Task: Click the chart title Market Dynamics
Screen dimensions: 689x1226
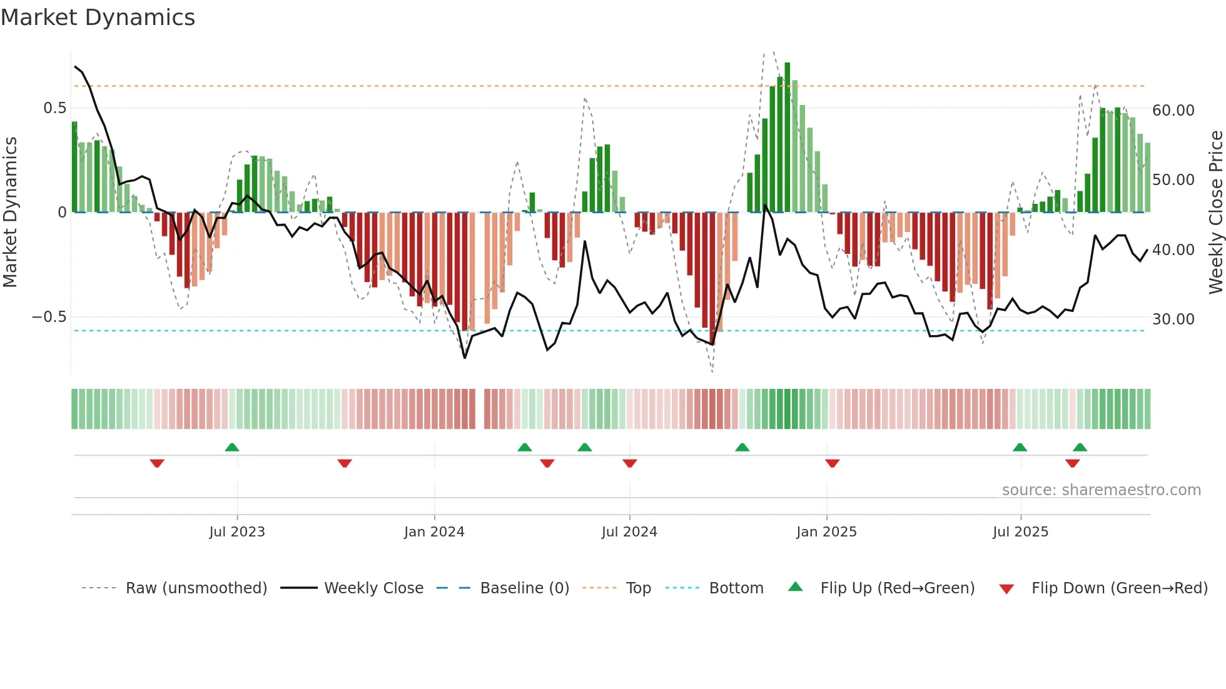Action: coord(98,18)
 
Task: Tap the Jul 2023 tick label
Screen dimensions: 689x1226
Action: coord(237,532)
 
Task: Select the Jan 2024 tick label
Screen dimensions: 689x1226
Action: coord(434,532)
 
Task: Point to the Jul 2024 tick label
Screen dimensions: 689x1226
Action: coord(629,532)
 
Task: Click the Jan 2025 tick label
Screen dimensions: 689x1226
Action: coord(826,532)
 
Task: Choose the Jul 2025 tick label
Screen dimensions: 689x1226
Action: coord(1020,532)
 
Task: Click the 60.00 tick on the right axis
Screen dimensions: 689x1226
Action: coord(1173,111)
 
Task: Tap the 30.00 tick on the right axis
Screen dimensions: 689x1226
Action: coord(1173,319)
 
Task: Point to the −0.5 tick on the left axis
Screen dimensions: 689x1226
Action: coord(49,317)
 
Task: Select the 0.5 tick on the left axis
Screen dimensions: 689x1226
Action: coord(54,108)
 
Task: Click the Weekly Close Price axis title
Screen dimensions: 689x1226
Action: coord(1215,213)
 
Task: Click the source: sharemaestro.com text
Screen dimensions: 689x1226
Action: coord(1101,490)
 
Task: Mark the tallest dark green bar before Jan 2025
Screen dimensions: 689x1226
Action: coord(788,138)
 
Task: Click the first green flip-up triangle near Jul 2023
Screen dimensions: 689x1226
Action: coord(232,447)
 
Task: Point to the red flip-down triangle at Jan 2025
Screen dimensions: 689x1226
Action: coord(832,463)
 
